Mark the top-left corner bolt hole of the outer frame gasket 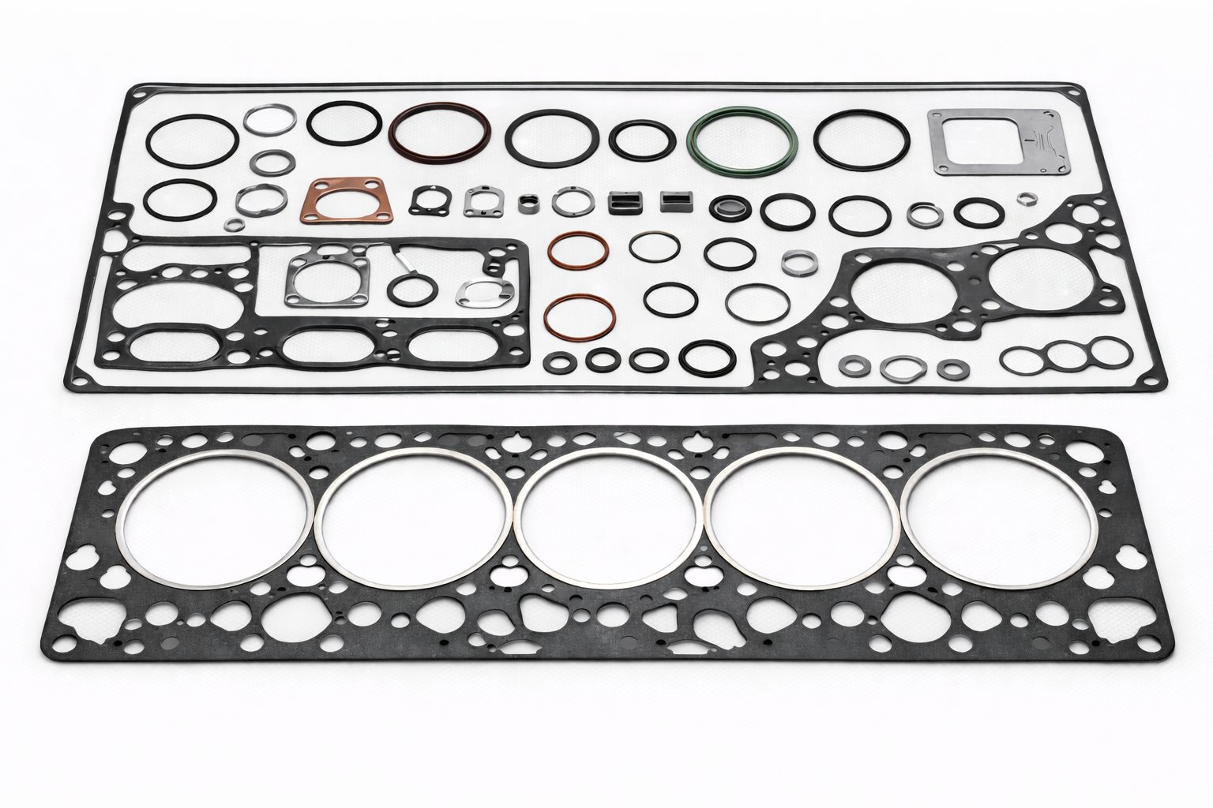tap(140, 94)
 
